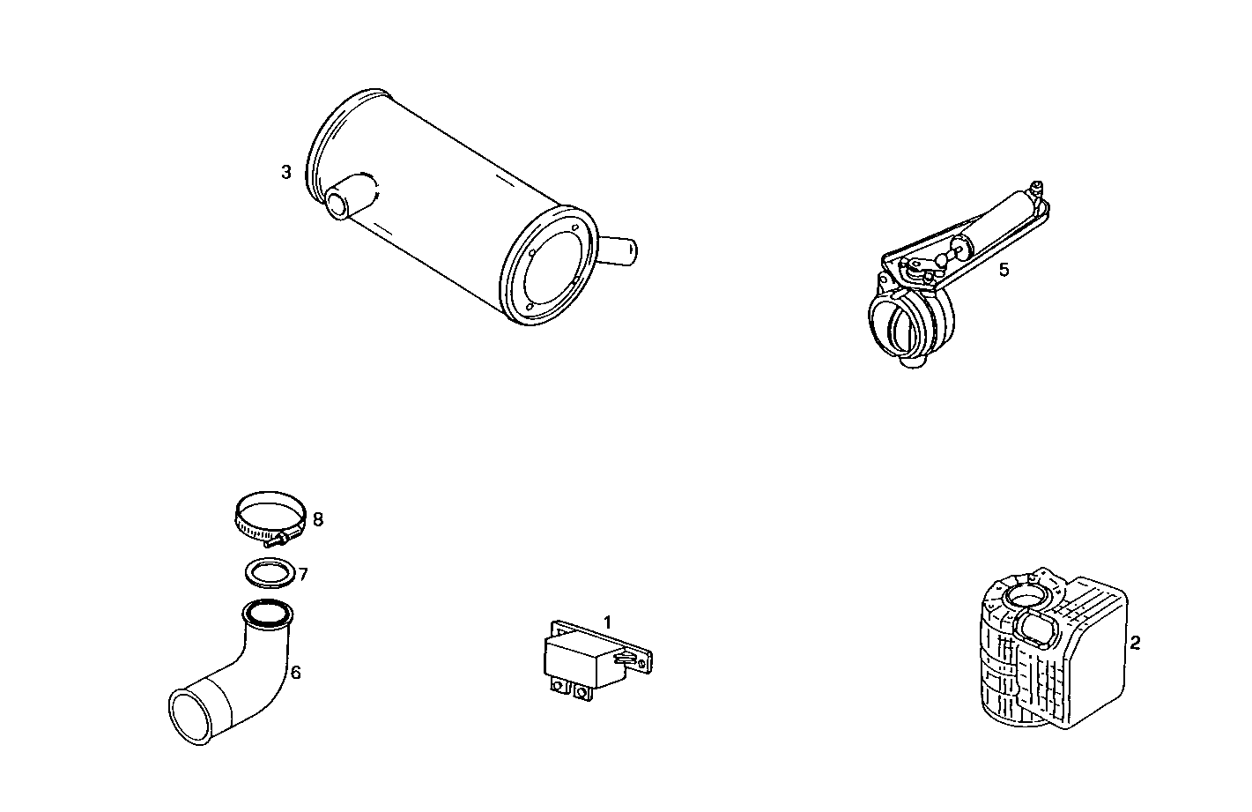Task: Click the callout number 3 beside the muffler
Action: click(x=285, y=172)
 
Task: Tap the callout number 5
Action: click(x=1004, y=270)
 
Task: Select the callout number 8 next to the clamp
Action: click(x=317, y=519)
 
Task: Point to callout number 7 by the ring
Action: click(x=302, y=575)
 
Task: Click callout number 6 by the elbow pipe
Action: click(x=296, y=673)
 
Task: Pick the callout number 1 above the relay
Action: click(x=607, y=622)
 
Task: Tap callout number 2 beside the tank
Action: click(x=1135, y=643)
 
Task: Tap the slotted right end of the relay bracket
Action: click(x=638, y=657)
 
